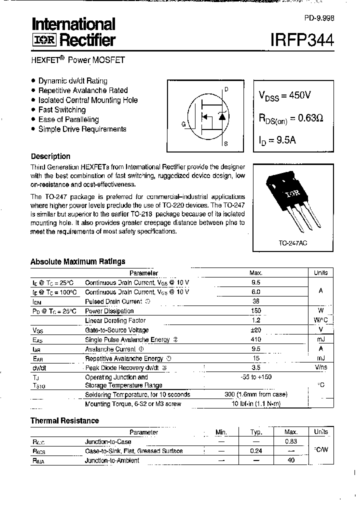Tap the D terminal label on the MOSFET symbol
point(226,89)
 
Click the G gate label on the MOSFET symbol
point(183,124)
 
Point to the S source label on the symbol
point(226,144)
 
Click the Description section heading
point(50,156)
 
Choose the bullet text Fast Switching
point(62,109)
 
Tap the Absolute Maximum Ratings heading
point(77,261)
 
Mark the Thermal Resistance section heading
point(64,420)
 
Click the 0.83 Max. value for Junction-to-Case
point(291,441)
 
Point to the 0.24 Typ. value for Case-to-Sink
point(256,451)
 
